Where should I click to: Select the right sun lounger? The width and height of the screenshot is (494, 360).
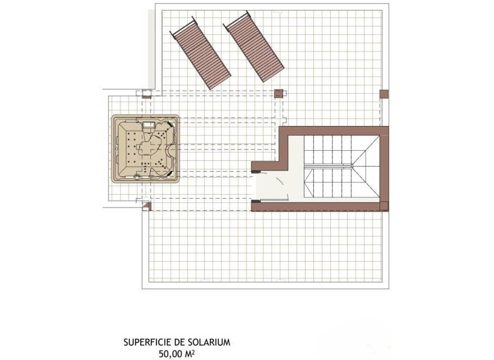[x=254, y=47]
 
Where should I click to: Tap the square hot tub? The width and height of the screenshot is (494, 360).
[x=146, y=149]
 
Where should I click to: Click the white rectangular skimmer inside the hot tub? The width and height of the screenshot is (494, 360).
[x=149, y=125]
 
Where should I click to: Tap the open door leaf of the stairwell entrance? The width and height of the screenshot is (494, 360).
[x=282, y=186]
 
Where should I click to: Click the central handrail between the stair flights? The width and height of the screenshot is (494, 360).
[x=328, y=166]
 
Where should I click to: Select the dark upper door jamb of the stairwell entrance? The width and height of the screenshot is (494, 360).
[x=255, y=172]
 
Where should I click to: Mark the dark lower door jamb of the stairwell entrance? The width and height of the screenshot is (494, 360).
[x=255, y=201]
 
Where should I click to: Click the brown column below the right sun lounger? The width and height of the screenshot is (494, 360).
[x=279, y=93]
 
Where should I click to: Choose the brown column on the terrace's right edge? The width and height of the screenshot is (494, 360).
[x=384, y=94]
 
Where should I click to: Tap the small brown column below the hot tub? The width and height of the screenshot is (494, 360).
[x=147, y=206]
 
